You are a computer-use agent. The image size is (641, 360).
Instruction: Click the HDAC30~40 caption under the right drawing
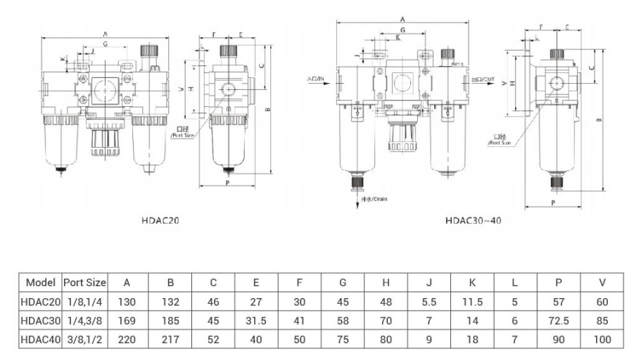[473, 220]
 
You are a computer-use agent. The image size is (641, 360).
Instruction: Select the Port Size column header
[84, 283]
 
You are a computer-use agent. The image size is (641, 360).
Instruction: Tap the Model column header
[41, 283]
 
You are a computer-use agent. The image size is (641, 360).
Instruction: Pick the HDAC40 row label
[41, 339]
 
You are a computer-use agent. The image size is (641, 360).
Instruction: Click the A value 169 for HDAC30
[127, 321]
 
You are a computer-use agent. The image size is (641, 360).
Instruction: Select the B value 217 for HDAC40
[170, 339]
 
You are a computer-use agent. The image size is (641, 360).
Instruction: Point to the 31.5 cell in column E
[256, 321]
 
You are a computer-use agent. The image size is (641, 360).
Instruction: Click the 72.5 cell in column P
[559, 321]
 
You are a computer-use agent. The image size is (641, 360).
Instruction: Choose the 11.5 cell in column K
[472, 302]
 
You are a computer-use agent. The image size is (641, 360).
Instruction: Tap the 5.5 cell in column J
[429, 302]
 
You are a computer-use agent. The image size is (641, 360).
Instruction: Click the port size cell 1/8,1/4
[84, 302]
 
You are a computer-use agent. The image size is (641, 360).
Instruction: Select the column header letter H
[386, 283]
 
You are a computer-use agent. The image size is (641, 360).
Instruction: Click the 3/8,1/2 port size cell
[84, 339]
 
